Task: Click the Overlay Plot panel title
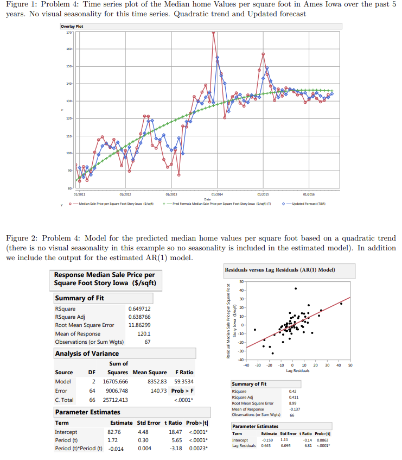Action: click(x=72, y=26)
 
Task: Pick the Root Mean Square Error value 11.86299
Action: click(x=140, y=325)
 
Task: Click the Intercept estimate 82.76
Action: click(x=114, y=432)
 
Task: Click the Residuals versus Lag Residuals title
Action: click(x=288, y=270)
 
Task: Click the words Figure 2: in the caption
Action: click(x=21, y=238)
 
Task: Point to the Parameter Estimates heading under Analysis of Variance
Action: click(x=87, y=412)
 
